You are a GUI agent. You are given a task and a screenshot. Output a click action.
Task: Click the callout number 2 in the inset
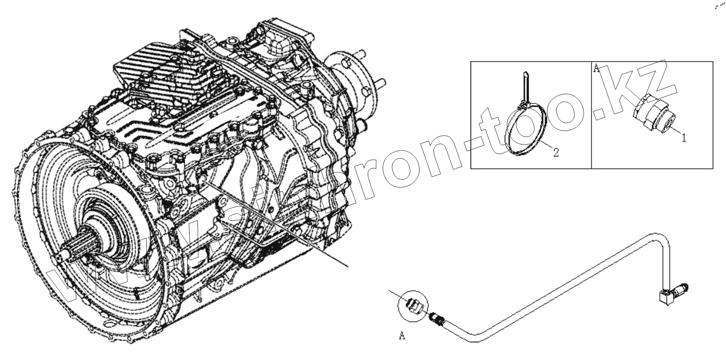click(x=556, y=152)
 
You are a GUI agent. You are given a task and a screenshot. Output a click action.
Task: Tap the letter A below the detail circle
click(x=402, y=336)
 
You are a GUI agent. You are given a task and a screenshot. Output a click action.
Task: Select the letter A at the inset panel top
click(x=596, y=68)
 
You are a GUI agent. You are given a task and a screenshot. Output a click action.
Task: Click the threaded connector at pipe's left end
click(x=437, y=320)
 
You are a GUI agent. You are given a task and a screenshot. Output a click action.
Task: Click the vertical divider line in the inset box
click(x=591, y=115)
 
